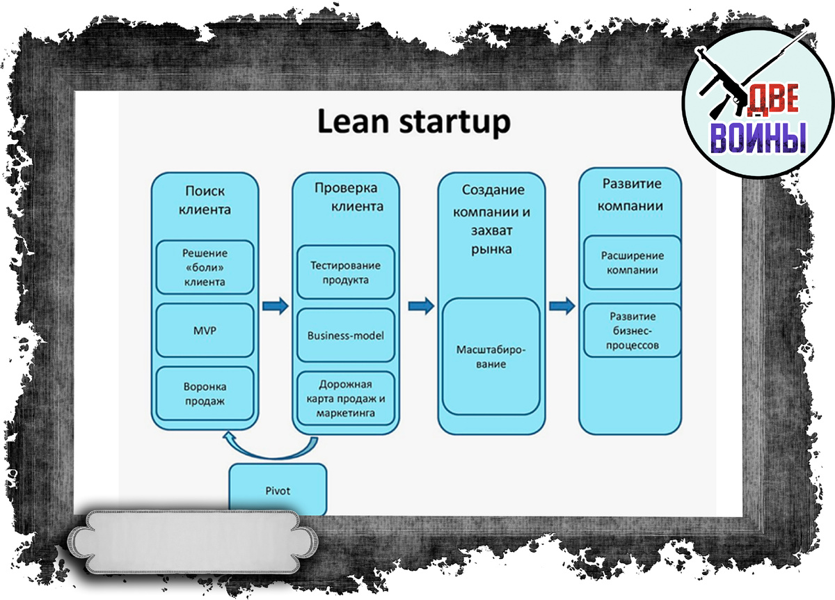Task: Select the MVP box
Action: point(205,331)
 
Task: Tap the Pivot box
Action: point(278,490)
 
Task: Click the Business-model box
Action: point(346,335)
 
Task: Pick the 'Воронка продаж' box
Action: point(205,394)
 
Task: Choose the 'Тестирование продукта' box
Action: point(346,272)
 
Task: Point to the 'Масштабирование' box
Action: point(491,356)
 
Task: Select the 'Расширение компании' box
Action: point(633,262)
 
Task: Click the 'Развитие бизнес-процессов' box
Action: point(633,331)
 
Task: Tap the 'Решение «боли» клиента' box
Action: point(205,267)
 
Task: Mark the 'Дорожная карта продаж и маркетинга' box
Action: point(346,398)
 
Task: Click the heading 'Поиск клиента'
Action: point(205,200)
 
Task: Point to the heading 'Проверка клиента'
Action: point(349,196)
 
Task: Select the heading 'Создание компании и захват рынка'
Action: point(491,219)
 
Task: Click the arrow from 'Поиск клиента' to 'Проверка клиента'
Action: point(276,306)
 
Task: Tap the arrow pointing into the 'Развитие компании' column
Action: point(562,306)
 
